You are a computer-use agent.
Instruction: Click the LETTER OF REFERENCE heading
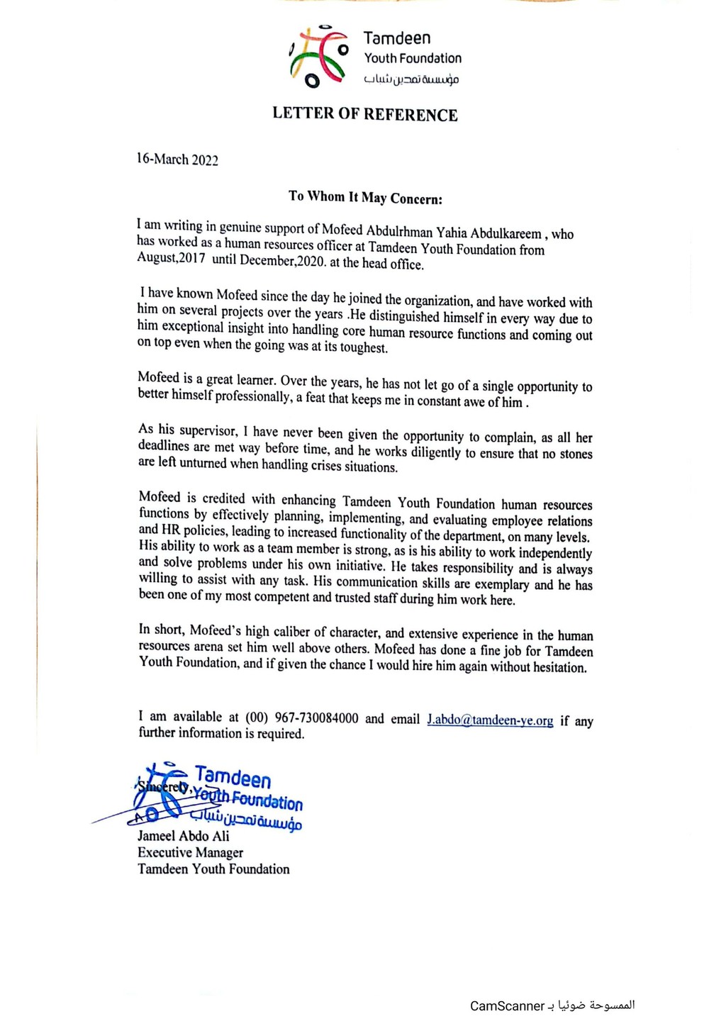click(x=365, y=115)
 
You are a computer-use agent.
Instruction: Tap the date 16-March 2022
click(x=177, y=160)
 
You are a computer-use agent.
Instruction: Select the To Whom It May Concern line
click(x=365, y=197)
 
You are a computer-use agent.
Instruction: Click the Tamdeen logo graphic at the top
click(x=318, y=57)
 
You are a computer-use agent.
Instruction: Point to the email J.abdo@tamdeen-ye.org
click(x=490, y=720)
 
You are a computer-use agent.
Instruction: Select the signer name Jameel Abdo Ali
click(x=184, y=837)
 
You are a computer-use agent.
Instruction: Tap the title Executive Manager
click(x=191, y=853)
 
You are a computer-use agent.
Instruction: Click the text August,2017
click(x=172, y=258)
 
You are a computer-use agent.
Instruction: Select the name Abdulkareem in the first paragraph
click(x=507, y=233)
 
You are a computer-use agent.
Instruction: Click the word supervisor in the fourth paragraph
click(x=208, y=431)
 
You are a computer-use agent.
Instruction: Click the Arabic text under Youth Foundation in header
click(x=412, y=79)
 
